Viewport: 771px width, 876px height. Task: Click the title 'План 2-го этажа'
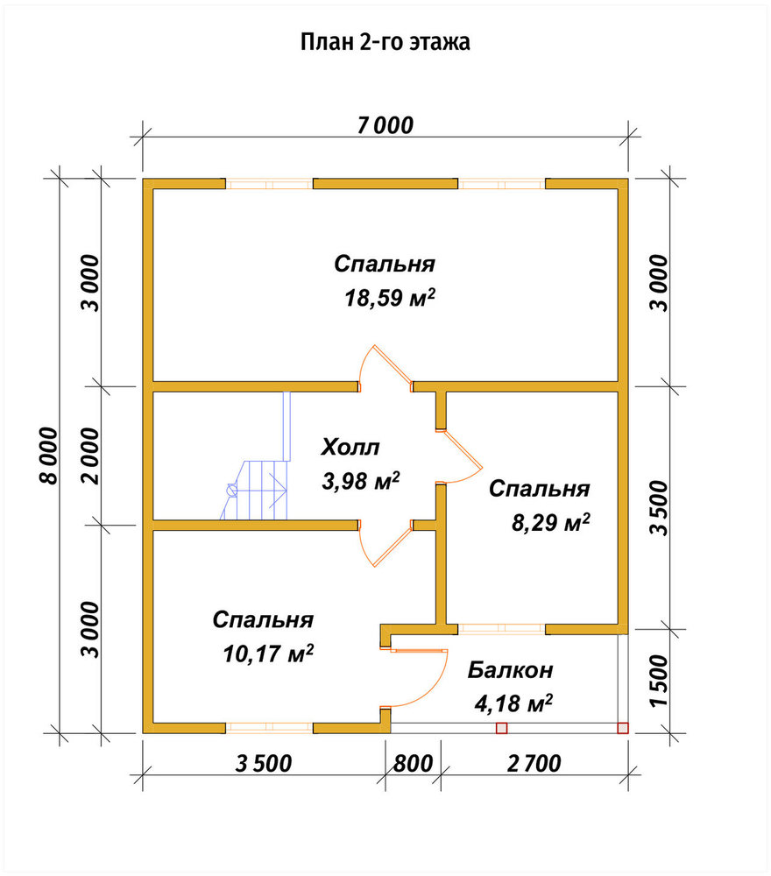pyautogui.click(x=385, y=42)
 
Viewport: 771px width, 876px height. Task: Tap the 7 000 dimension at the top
pyautogui.click(x=385, y=125)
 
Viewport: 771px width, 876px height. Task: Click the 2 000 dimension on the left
pyautogui.click(x=90, y=456)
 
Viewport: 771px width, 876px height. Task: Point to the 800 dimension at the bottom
pyautogui.click(x=413, y=763)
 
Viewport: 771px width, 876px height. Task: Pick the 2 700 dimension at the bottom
pyautogui.click(x=534, y=763)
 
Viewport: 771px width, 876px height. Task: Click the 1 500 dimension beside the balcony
pyautogui.click(x=660, y=681)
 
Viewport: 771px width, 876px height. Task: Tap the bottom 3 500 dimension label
pyautogui.click(x=264, y=763)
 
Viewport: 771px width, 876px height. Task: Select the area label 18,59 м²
pyautogui.click(x=389, y=297)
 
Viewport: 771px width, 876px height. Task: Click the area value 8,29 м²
pyautogui.click(x=551, y=523)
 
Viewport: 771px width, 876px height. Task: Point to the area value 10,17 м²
pyautogui.click(x=268, y=653)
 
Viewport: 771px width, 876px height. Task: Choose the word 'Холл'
pyautogui.click(x=350, y=448)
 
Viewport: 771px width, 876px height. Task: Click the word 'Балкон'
pyautogui.click(x=511, y=669)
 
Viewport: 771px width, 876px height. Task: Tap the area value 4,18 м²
pyautogui.click(x=513, y=703)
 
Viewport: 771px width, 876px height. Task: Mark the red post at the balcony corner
pyautogui.click(x=622, y=728)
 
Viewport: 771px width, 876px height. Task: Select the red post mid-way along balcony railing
pyautogui.click(x=501, y=728)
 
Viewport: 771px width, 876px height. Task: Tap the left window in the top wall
pyautogui.click(x=269, y=184)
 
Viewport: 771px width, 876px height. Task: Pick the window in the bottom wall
pyautogui.click(x=269, y=728)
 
